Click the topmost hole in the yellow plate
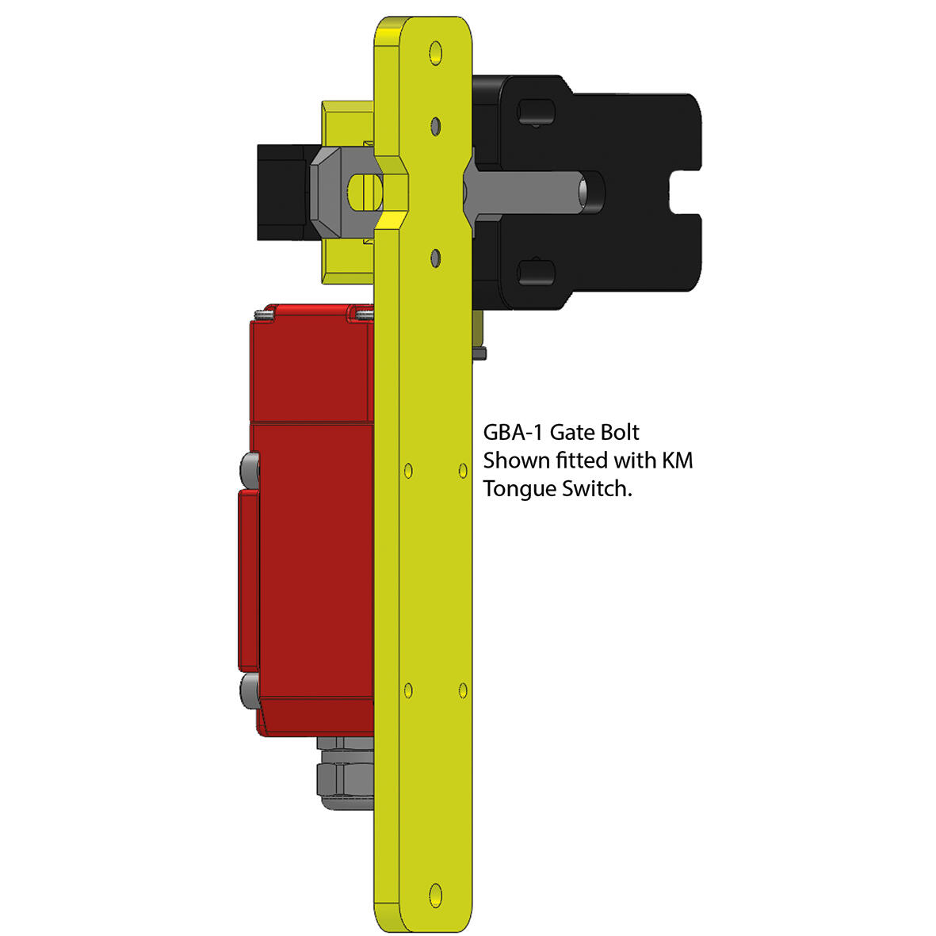tap(434, 53)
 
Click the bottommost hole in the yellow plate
tap(434, 893)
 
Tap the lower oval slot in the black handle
tap(535, 272)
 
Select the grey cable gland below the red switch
tap(343, 774)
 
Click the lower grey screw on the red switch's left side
tap(248, 690)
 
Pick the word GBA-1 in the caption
tap(514, 433)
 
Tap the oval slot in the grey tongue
tap(363, 191)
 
